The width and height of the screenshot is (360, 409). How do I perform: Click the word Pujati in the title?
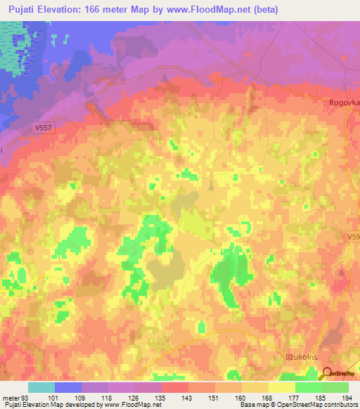point(23,10)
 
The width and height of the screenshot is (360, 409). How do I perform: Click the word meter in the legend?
point(11,397)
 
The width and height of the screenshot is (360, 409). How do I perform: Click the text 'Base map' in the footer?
point(254,405)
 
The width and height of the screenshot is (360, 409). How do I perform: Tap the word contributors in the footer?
point(339,405)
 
